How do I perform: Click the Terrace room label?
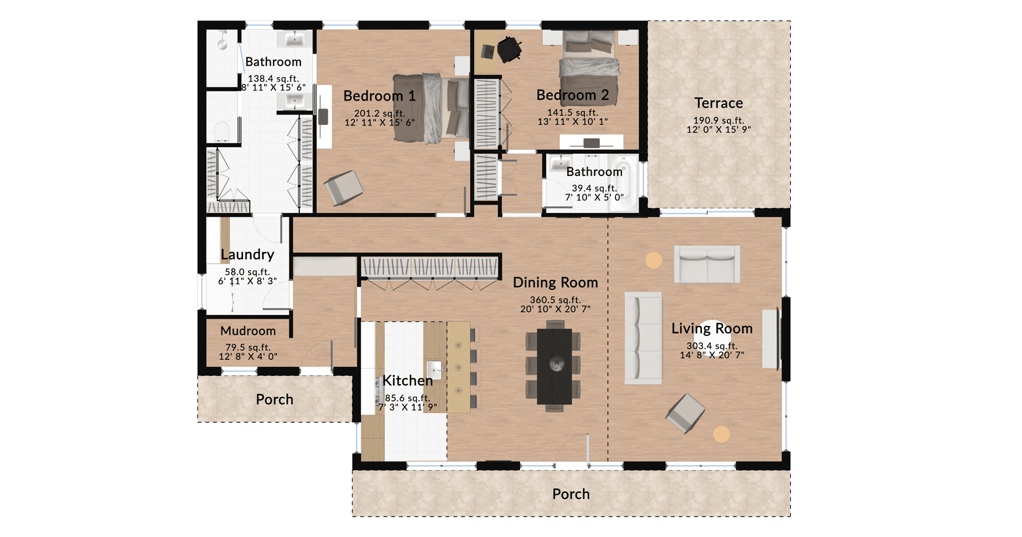[x=718, y=103]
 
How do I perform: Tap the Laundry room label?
[x=248, y=255]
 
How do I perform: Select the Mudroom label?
[x=248, y=331]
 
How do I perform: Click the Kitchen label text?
[x=408, y=380]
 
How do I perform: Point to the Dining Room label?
[x=555, y=283]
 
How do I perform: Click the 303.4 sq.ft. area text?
[x=712, y=346]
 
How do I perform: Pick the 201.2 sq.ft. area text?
[x=379, y=114]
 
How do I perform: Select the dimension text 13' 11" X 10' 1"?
[x=572, y=121]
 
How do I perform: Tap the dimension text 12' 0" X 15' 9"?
[x=718, y=129]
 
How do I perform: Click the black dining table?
[x=554, y=366]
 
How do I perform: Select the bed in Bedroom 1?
[x=431, y=108]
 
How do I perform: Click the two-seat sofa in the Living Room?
[x=707, y=264]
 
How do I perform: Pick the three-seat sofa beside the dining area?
[x=643, y=338]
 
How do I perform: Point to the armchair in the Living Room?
[x=685, y=413]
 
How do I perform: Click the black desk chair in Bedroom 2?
[x=509, y=49]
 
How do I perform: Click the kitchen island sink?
[x=434, y=370]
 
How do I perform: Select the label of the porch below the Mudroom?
[x=275, y=400]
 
